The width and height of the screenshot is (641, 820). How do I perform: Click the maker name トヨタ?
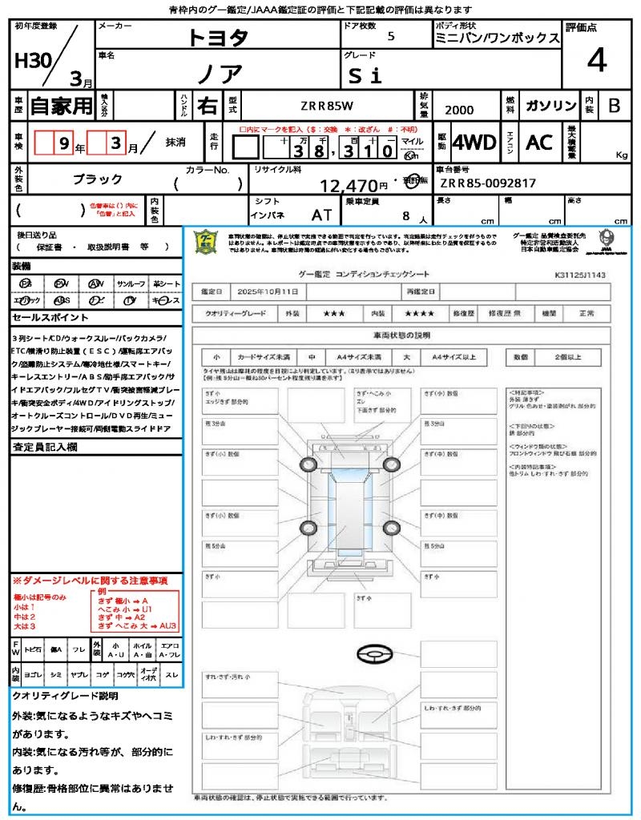coord(218,38)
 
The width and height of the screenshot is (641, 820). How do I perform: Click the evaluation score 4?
coord(595,61)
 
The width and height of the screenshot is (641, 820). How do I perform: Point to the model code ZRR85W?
coord(329,106)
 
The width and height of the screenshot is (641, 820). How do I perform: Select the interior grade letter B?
coord(613,106)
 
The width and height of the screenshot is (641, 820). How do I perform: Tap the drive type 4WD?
coord(474,143)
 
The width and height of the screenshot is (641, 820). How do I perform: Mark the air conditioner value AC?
coord(539,143)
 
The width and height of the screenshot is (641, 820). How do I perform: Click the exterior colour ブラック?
coord(98,179)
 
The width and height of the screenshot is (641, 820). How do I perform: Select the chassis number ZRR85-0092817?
coord(488,183)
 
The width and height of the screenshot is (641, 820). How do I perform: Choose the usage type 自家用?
coord(62,105)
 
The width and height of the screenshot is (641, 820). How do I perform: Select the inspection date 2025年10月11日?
coord(271,292)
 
